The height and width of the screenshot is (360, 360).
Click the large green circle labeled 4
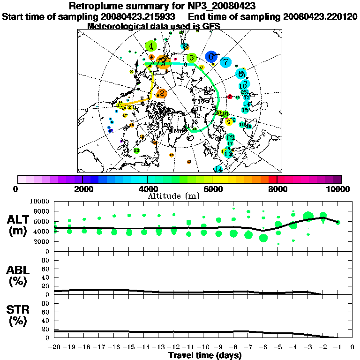(x=151, y=46)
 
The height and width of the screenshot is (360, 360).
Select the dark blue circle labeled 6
(x=211, y=56)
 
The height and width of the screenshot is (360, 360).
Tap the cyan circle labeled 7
(x=226, y=61)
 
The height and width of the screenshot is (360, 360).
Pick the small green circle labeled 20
(x=136, y=150)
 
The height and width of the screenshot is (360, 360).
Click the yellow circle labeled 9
(x=229, y=122)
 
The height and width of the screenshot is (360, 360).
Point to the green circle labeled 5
(x=191, y=58)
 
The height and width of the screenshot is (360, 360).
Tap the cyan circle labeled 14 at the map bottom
(x=218, y=169)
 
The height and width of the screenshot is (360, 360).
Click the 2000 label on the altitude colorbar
(x=82, y=189)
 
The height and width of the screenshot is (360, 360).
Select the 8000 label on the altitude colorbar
(x=277, y=189)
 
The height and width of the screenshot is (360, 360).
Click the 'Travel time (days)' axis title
(x=205, y=356)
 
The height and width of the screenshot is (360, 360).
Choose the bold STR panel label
(x=19, y=315)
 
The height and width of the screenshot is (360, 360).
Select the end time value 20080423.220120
(x=320, y=16)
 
